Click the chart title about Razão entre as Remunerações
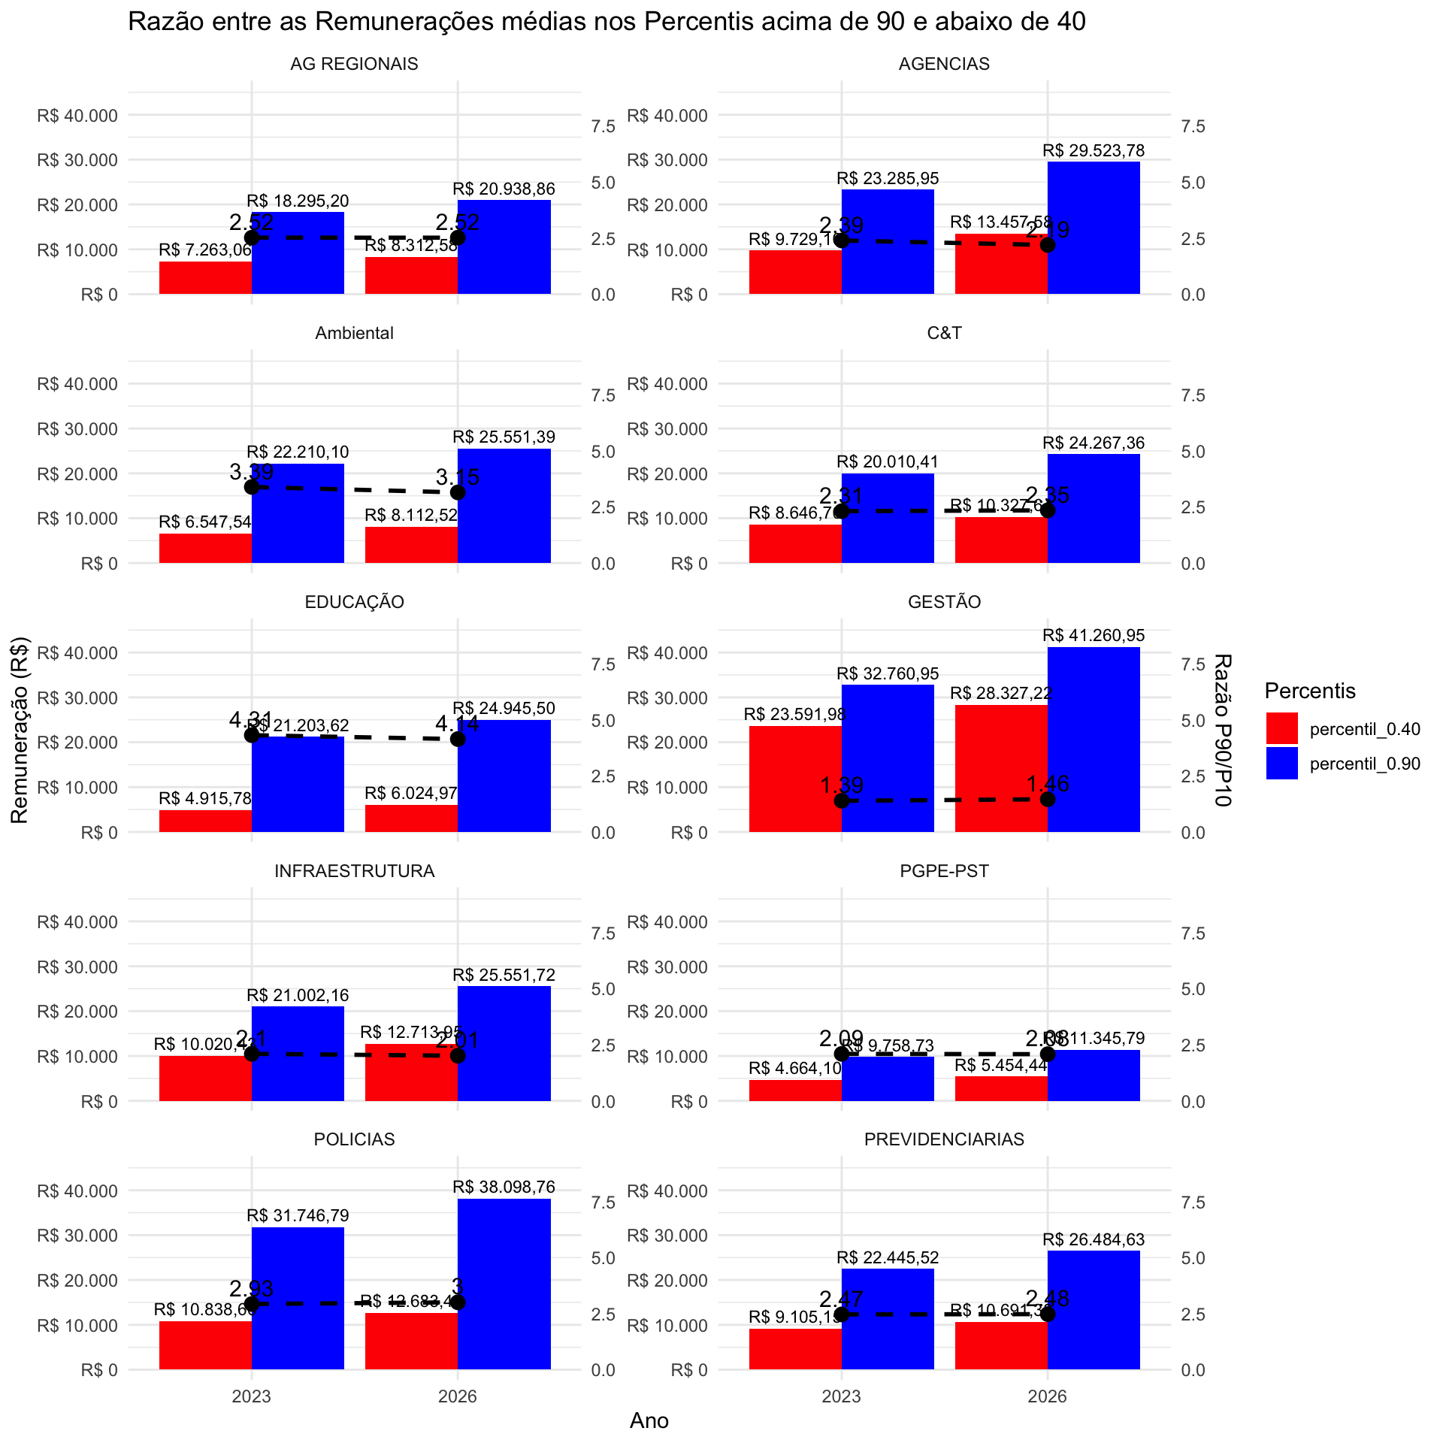(607, 22)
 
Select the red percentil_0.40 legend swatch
(1281, 728)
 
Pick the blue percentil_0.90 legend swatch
(1281, 764)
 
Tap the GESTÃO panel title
(944, 602)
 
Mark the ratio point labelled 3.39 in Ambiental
(252, 487)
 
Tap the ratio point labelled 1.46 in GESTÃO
(1048, 799)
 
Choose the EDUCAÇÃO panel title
(355, 602)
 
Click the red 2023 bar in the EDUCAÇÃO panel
(205, 821)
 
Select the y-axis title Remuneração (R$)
(20, 730)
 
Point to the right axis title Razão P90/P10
(1223, 730)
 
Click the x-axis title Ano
(649, 1420)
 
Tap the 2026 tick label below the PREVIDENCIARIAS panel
(1048, 1396)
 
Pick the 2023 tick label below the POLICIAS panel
(252, 1396)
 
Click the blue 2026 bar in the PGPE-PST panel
(1094, 1075)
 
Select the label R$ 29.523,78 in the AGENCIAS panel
(1094, 150)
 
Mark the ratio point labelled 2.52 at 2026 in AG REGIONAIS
(458, 237)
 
